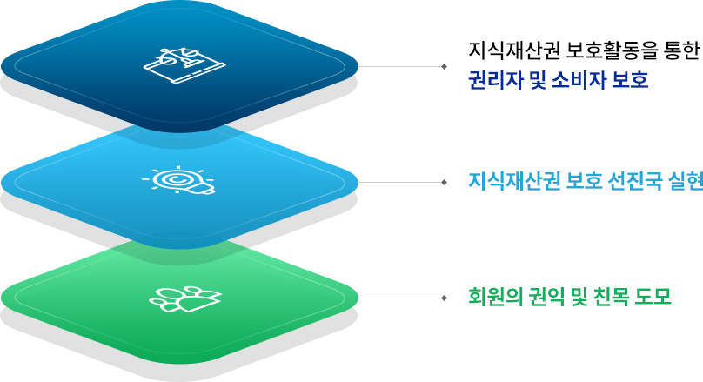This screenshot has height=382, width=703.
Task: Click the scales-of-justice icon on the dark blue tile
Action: click(x=184, y=65)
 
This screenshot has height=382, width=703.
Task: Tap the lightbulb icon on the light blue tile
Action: click(x=179, y=180)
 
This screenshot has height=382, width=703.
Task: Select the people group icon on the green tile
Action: click(x=185, y=298)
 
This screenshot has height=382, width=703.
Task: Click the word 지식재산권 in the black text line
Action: click(x=514, y=50)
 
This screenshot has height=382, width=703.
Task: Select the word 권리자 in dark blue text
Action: click(x=495, y=80)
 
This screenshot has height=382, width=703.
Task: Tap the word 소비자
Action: click(x=579, y=80)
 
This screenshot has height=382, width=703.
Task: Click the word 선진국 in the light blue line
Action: click(x=635, y=181)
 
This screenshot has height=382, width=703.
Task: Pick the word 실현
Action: click(x=686, y=181)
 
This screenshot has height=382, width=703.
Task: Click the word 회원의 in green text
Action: click(x=495, y=297)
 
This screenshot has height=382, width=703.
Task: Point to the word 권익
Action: click(x=547, y=297)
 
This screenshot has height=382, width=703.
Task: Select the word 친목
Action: click(x=611, y=297)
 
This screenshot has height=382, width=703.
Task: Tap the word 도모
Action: click(x=653, y=297)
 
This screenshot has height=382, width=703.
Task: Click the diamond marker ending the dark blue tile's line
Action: click(x=444, y=66)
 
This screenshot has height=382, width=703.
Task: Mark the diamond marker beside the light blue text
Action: click(x=444, y=182)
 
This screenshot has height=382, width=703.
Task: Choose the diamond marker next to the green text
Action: click(x=444, y=298)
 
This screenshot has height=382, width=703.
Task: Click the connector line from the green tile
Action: click(x=399, y=298)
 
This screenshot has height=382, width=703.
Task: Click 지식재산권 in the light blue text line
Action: click(x=514, y=181)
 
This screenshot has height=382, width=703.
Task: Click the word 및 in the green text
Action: click(x=579, y=297)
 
